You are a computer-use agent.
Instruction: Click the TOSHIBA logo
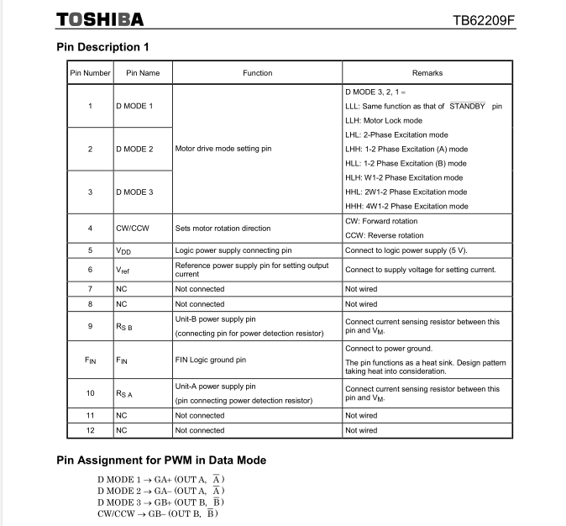click(99, 18)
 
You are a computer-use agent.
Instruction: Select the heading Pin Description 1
click(103, 48)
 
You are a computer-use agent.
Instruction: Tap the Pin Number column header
click(90, 73)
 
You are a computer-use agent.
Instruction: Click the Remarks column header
click(427, 73)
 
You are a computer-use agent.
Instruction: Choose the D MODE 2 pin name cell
click(134, 149)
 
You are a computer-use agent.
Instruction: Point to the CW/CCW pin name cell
click(132, 228)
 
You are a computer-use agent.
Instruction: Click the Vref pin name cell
click(123, 270)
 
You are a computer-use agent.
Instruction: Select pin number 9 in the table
click(90, 326)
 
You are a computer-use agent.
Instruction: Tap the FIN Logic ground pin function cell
click(210, 360)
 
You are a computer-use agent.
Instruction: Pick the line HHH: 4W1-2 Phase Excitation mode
click(406, 206)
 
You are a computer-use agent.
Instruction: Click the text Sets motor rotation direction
click(223, 228)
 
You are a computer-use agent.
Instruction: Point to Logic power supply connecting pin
click(233, 250)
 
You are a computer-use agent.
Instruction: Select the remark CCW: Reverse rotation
click(385, 235)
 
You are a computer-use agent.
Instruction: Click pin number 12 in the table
click(90, 430)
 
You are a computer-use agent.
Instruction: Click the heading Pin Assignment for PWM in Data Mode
click(161, 460)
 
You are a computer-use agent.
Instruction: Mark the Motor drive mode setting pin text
click(223, 149)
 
